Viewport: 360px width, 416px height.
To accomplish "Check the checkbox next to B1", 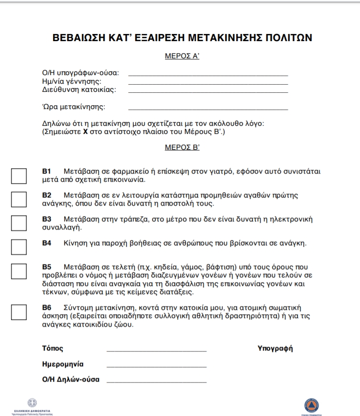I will point(19,176).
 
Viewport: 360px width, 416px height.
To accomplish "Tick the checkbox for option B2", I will point(19,199).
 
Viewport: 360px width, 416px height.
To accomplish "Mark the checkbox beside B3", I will point(19,223).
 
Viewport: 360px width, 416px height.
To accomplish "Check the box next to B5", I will point(19,271).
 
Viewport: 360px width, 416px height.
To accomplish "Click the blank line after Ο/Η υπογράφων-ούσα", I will point(208,75).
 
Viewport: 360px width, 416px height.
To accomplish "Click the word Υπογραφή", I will point(275,348).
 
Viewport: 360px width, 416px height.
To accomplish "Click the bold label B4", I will point(47,243).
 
